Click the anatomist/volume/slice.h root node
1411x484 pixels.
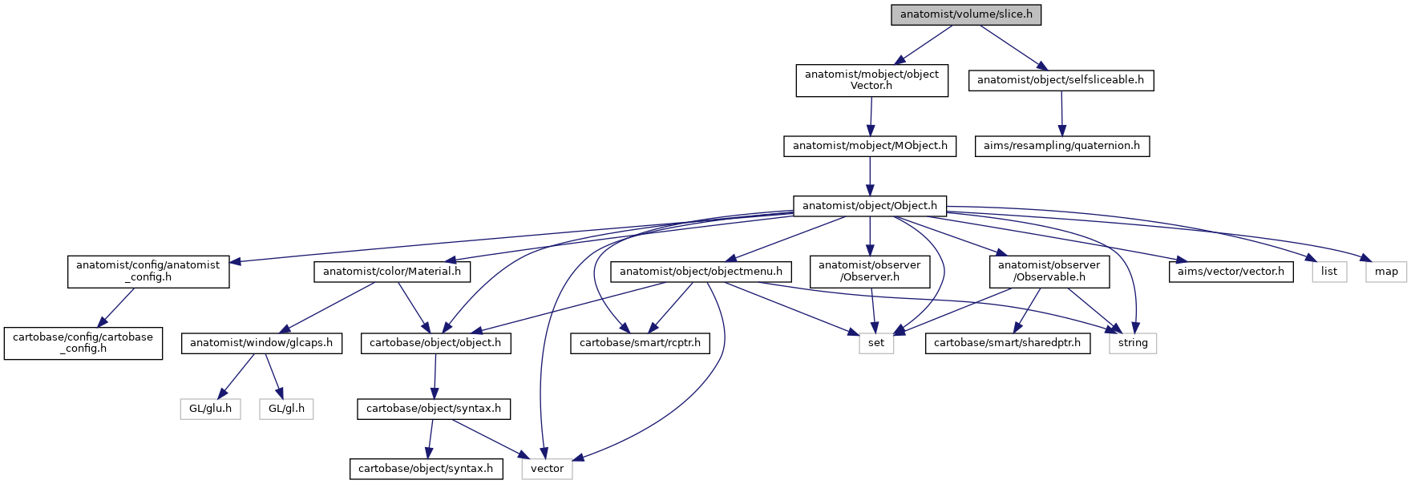click(966, 14)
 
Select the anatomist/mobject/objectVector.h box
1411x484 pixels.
click(871, 80)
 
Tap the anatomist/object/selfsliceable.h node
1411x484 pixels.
click(1061, 80)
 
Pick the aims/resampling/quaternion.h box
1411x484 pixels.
click(1061, 146)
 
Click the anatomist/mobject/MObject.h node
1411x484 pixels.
click(870, 146)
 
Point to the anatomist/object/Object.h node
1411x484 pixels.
click(870, 206)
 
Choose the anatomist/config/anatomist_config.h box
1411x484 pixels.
click(148, 271)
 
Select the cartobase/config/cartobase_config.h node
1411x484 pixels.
click(83, 343)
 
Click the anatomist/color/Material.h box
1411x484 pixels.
click(392, 272)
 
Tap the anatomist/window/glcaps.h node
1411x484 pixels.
click(262, 343)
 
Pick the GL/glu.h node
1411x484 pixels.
click(210, 409)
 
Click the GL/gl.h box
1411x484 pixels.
click(286, 409)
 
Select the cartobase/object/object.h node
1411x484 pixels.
click(435, 343)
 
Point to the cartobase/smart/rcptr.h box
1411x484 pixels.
click(639, 343)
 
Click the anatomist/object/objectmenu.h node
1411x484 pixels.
click(701, 272)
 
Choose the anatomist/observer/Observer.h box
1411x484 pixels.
click(870, 271)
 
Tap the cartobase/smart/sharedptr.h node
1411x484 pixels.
click(1008, 343)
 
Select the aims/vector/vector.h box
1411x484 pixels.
click(1231, 272)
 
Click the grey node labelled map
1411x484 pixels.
click(1386, 272)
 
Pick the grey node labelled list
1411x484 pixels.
click(1329, 272)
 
